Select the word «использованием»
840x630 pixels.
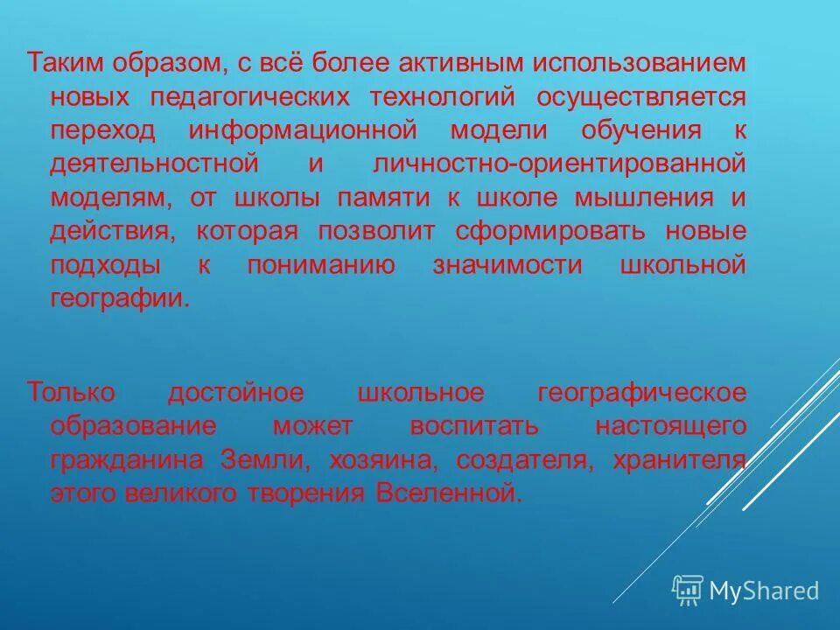click(x=642, y=63)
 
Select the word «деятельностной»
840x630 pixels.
click(x=144, y=164)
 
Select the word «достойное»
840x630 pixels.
click(x=235, y=393)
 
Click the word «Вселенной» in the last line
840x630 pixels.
click(x=448, y=493)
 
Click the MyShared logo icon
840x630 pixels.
click(x=688, y=590)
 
